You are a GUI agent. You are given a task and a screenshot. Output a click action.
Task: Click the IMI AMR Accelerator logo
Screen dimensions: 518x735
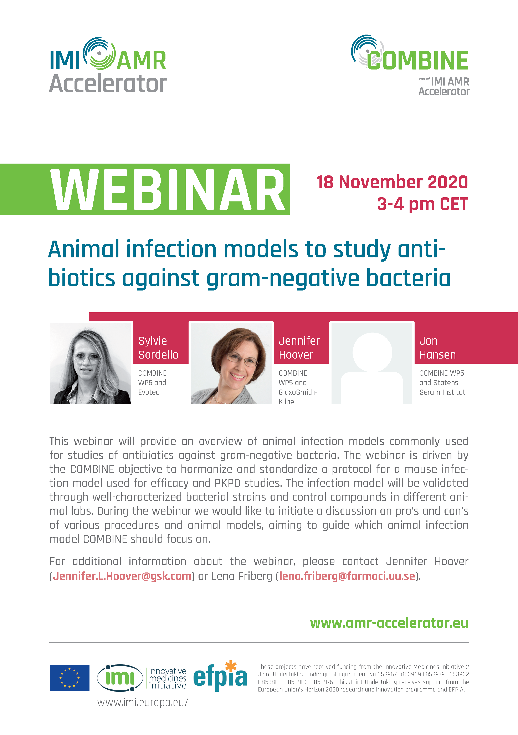[x=108, y=65]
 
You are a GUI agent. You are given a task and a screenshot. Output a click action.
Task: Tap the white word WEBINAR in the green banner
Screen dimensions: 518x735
[x=168, y=190]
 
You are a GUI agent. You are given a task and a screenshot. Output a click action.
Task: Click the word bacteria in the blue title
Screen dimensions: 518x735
[x=409, y=278]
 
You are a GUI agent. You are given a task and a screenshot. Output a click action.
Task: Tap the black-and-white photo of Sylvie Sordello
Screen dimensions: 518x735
[x=91, y=363]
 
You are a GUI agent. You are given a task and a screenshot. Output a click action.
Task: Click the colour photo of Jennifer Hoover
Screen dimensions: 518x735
[x=231, y=363]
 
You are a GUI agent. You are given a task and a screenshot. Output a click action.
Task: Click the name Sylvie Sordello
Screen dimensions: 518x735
[x=158, y=348]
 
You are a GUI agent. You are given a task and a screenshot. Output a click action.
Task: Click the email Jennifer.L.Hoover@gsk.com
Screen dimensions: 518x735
[x=122, y=576]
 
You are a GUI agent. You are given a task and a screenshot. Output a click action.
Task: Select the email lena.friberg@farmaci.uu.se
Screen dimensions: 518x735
[x=347, y=576]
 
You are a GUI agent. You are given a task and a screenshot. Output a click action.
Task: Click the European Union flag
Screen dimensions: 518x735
[x=70, y=678]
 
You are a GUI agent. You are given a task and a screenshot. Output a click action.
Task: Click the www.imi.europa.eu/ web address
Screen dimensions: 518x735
[x=143, y=702]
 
